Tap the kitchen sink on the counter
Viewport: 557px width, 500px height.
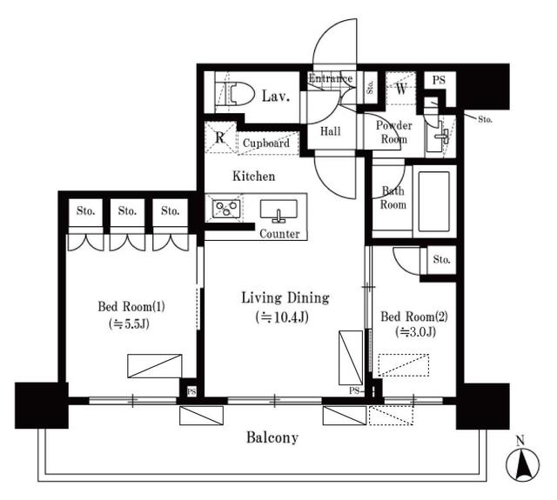(x=278, y=210)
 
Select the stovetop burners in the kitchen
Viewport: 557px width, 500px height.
(x=227, y=210)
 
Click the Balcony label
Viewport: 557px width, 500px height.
(x=271, y=437)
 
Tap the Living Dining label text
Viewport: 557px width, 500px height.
(x=285, y=298)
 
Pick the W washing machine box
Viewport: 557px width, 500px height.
(x=402, y=88)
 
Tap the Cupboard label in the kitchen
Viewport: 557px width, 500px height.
(x=266, y=143)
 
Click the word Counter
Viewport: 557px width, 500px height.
(x=279, y=234)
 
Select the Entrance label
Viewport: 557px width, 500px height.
(x=330, y=79)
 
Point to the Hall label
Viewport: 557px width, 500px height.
(x=330, y=131)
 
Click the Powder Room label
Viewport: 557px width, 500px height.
(x=393, y=132)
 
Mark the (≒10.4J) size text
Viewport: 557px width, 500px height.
(x=285, y=317)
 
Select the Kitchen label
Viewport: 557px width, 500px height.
(x=253, y=177)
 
